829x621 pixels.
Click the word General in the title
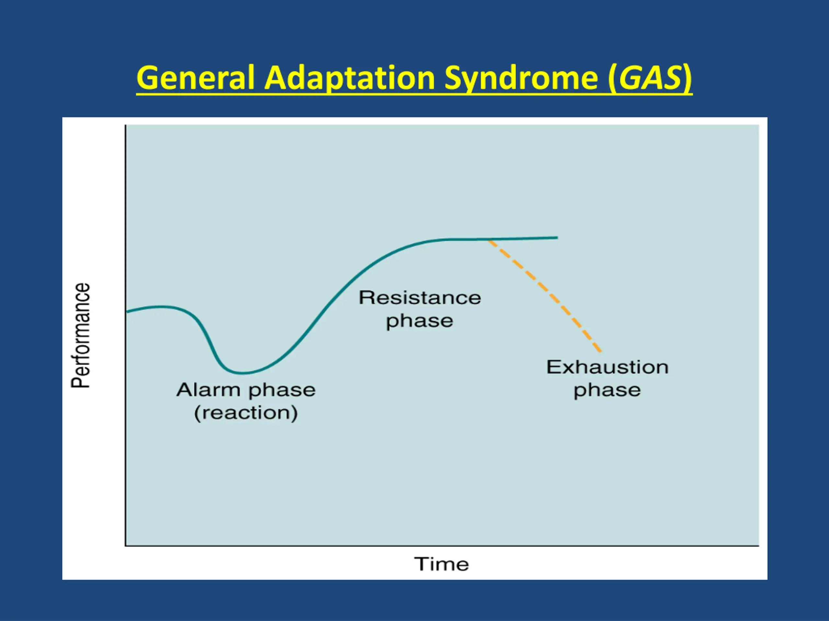click(195, 78)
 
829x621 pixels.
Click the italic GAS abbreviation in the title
click(650, 78)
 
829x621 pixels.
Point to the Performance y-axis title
click(81, 335)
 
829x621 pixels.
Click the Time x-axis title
click(441, 564)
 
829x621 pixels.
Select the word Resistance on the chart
click(420, 298)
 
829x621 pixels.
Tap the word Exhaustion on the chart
click(607, 367)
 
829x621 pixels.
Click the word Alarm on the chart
click(208, 390)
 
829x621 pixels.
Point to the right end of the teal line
click(557, 237)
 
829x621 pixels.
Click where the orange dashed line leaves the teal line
click(488, 240)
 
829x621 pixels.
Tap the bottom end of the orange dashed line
click(601, 352)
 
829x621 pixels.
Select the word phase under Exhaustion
click(607, 391)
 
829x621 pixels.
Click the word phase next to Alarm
click(282, 391)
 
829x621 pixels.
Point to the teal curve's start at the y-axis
click(127, 311)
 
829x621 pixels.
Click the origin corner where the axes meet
click(126, 546)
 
